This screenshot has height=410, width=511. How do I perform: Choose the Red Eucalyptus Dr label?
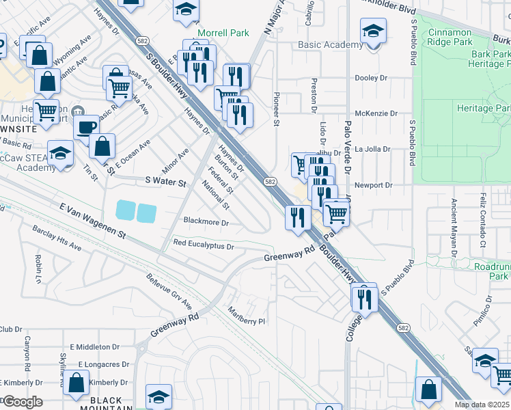point(204,243)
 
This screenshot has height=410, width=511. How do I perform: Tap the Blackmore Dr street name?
point(206,221)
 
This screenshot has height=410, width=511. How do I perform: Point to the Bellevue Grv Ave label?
point(169,291)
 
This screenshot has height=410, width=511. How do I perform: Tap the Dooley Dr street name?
point(371,78)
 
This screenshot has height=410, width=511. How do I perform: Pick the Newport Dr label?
point(374,185)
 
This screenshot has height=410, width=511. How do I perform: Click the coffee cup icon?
point(86,126)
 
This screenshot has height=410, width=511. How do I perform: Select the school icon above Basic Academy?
point(373,31)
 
